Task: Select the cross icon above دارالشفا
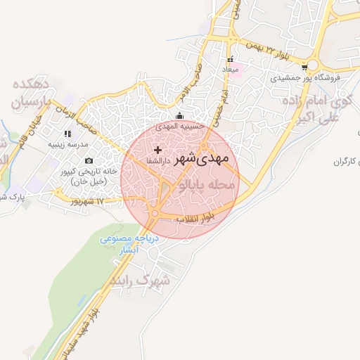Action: tap(157, 149)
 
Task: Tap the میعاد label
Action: tap(231, 70)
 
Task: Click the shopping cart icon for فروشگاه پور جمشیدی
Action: tap(304, 67)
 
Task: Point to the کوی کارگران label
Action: tap(349, 162)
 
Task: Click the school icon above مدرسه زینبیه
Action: tap(67, 133)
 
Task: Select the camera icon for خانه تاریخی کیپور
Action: tap(89, 161)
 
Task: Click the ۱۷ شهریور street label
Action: tap(86, 202)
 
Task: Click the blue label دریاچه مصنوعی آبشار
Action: tap(131, 244)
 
